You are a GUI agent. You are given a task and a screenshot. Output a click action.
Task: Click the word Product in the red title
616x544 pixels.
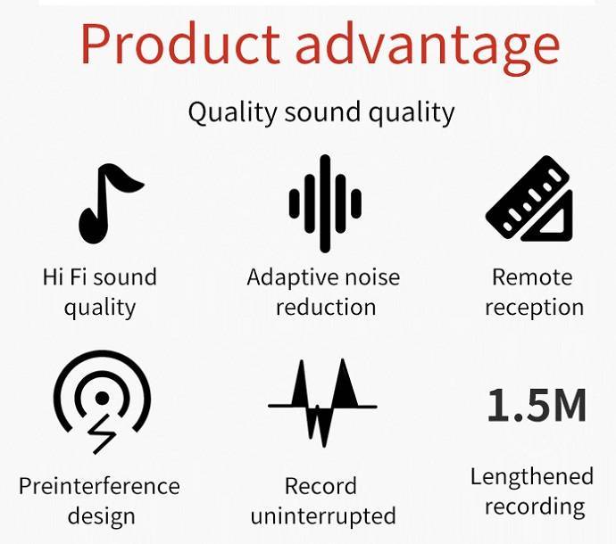pos(180,44)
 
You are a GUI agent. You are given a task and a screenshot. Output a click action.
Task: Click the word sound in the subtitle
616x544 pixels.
pos(321,111)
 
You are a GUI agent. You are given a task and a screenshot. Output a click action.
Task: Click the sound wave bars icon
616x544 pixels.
pos(325,203)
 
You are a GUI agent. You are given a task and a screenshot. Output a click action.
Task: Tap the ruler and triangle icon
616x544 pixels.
pos(529,198)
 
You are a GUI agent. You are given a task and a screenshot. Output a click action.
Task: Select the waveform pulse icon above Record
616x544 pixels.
pos(322,403)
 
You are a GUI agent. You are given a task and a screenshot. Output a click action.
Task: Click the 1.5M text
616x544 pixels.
pos(537,405)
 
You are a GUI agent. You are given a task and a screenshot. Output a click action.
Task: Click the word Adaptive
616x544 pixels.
pos(291,278)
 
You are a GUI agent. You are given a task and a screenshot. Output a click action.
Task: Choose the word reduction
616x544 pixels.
pos(326,307)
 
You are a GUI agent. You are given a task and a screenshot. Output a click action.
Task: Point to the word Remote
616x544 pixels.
pos(532,277)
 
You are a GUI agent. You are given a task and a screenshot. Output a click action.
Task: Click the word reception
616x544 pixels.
pos(534,309)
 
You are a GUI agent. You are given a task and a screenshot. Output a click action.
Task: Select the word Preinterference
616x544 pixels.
pos(99,486)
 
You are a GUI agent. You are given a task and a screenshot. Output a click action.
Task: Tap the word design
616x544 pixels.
pos(102,517)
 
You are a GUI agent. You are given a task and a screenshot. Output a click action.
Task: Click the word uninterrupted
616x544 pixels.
pos(323,517)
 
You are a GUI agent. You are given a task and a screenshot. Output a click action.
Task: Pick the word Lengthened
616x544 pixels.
pos(532,477)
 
